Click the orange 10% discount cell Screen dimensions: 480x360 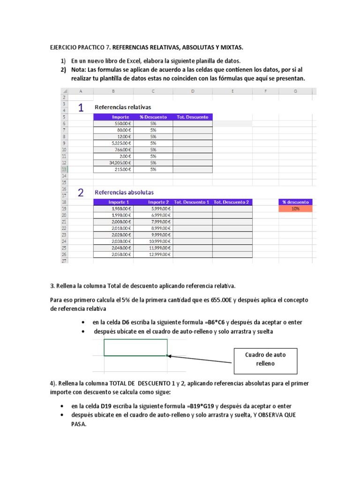295,209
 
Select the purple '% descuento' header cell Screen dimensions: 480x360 295,202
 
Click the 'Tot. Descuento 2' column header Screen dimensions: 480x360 232,202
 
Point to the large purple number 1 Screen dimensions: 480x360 81,108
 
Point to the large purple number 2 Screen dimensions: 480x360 81,193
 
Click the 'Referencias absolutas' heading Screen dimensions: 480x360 124,192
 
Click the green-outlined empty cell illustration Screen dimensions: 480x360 135,347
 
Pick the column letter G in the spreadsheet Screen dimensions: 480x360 295,92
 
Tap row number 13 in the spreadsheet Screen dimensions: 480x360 64,169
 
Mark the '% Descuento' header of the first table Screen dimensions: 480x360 153,117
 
